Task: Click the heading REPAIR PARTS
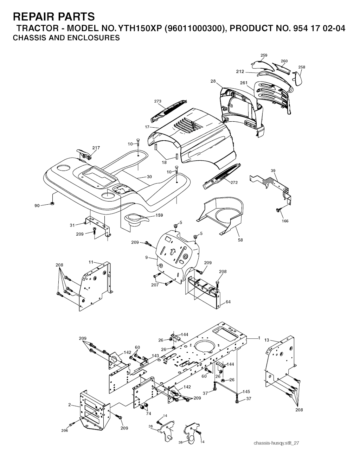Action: click(54, 17)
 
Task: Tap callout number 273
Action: click(158, 101)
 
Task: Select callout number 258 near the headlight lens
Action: click(302, 67)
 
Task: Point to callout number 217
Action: click(96, 148)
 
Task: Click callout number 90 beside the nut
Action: click(37, 206)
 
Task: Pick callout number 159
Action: click(159, 215)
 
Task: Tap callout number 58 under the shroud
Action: click(240, 240)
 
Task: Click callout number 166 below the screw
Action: click(285, 221)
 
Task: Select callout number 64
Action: click(228, 302)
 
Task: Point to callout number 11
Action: click(91, 262)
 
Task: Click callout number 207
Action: click(155, 285)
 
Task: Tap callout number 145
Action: click(246, 391)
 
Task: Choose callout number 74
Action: click(148, 414)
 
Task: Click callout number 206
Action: click(65, 430)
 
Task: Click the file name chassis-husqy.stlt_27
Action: click(276, 443)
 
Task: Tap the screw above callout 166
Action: click(278, 210)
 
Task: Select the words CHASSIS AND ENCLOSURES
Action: click(66, 38)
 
